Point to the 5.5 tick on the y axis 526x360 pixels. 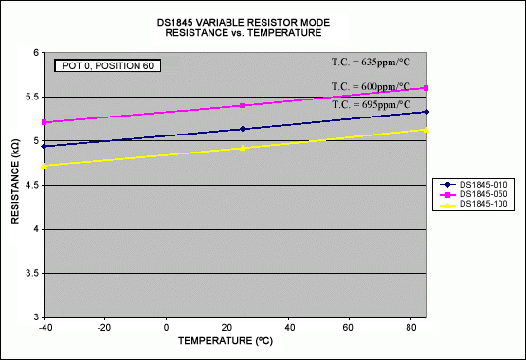point(32,98)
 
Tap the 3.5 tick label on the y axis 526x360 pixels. point(32,274)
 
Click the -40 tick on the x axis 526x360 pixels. point(46,327)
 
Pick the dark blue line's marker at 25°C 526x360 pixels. point(244,129)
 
